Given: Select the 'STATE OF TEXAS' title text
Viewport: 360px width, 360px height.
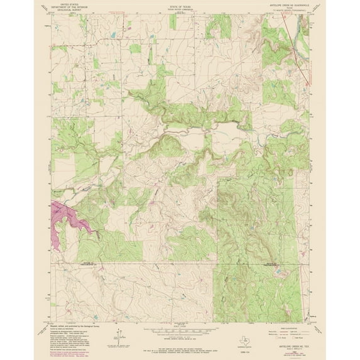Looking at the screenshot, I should [179, 4].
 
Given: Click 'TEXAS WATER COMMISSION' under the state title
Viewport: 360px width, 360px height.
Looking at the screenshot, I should [179, 8].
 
